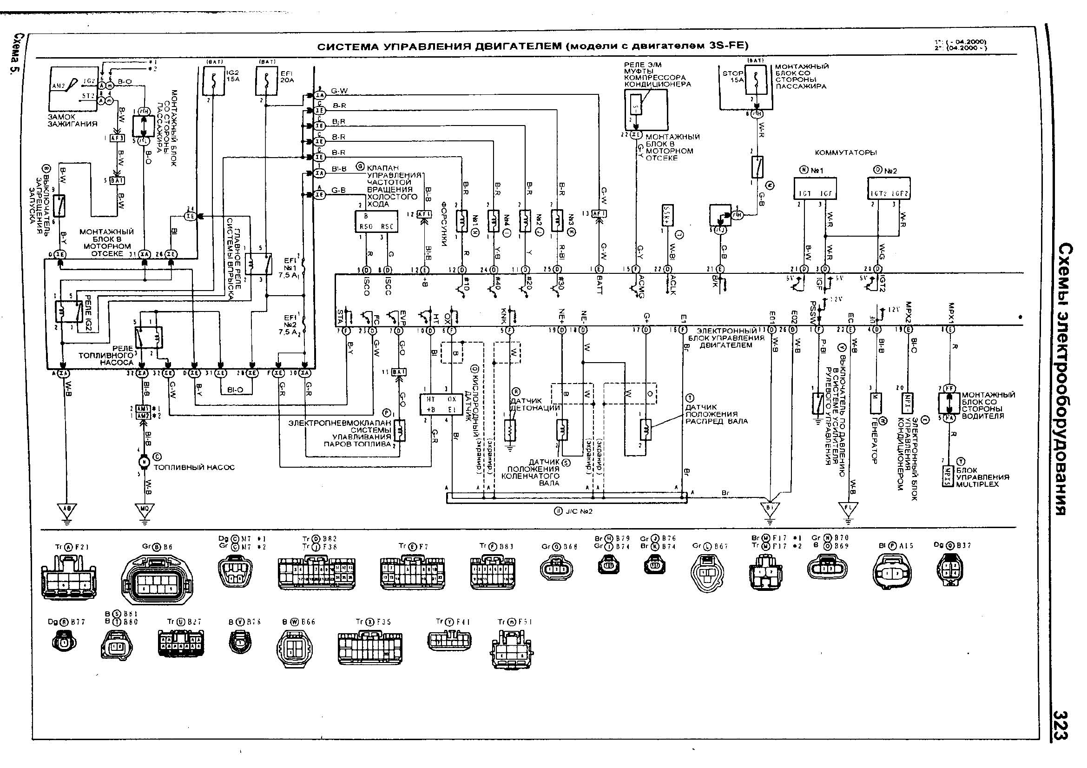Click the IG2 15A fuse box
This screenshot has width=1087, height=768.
213,81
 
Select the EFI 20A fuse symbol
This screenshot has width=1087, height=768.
267,81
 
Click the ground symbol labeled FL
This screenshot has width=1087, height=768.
848,510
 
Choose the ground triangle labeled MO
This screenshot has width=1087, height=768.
145,510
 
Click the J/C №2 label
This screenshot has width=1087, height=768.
573,511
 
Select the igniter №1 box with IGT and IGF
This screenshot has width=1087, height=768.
815,188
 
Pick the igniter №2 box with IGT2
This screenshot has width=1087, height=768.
889,188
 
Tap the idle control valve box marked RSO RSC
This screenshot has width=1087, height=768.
376,222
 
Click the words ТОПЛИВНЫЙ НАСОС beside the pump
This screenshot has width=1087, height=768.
194,467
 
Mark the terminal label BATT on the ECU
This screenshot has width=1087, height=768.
599,285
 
